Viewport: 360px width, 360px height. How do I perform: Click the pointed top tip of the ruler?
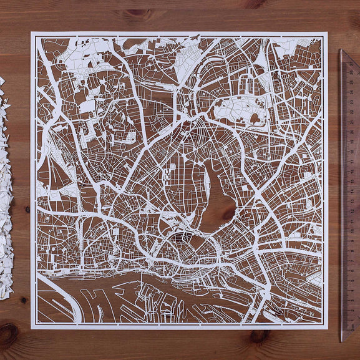click(343, 50)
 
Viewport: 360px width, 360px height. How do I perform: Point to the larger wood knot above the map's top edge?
click(139, 12)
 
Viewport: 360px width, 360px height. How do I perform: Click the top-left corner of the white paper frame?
click(32, 33)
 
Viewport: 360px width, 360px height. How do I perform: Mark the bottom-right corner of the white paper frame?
click(327, 328)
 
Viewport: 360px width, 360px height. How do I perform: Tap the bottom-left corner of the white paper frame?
click(32, 328)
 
